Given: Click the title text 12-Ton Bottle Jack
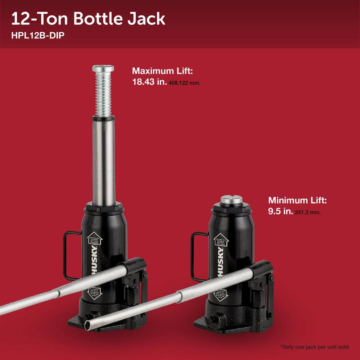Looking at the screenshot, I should pos(88,19).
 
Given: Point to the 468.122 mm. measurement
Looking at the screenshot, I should pos(184,83).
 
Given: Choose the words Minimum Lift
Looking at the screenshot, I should pos(297,201).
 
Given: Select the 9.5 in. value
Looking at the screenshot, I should pos(280,211).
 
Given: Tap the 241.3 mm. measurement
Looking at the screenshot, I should pos(307,212).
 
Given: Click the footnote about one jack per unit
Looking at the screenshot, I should pos(314,347).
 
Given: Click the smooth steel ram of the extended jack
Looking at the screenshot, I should pos(104,158).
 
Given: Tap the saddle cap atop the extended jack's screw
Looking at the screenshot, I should pos(103,68).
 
